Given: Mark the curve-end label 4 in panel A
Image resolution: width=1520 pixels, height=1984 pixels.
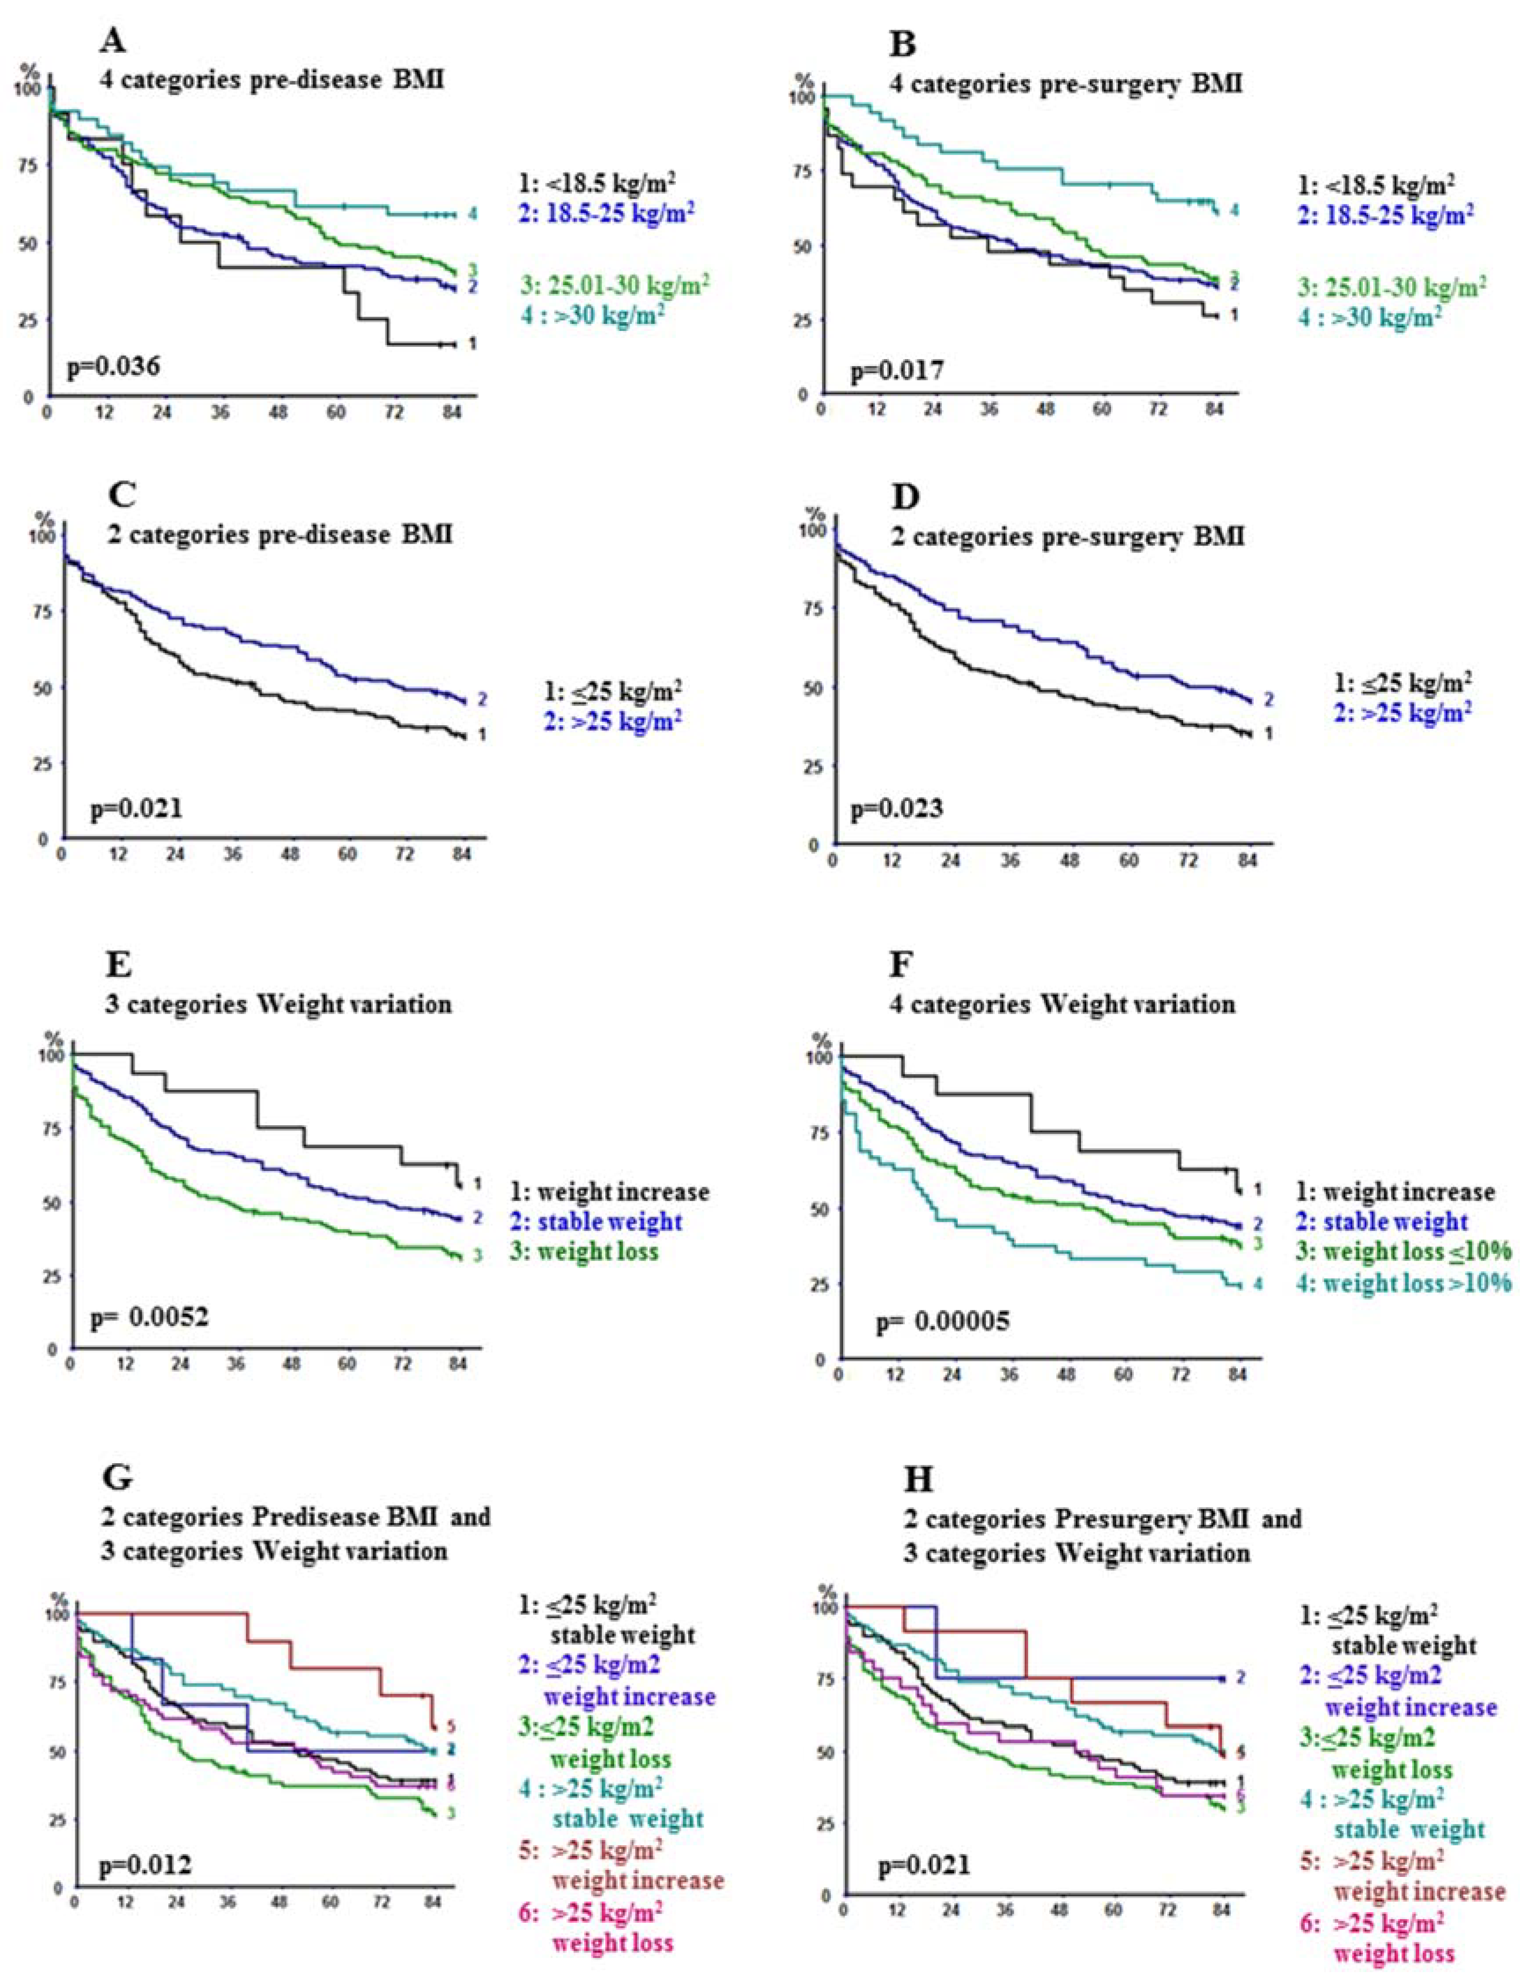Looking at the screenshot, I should coord(472,215).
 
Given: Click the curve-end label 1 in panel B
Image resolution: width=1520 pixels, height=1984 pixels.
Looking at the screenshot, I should coord(1232,315).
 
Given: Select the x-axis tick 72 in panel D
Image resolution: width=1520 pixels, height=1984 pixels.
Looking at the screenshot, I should coord(1188,860).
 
